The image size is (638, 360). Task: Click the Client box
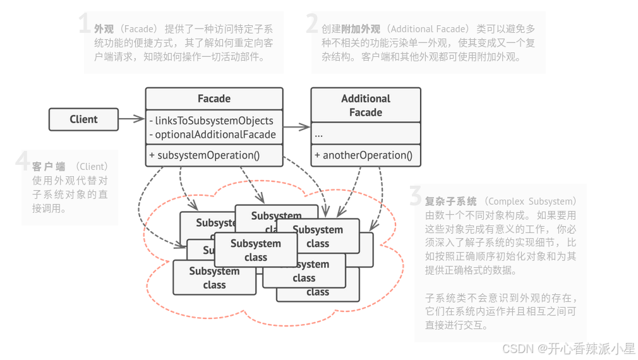click(83, 119)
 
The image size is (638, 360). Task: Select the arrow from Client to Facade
click(131, 119)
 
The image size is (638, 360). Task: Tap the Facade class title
click(214, 99)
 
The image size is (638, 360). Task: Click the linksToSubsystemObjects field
click(214, 121)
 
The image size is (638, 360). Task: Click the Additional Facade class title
click(366, 105)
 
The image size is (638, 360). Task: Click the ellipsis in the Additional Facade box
click(318, 134)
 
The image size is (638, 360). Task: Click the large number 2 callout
click(312, 25)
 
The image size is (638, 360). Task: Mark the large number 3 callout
click(415, 197)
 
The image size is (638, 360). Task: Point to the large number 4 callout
click(23, 162)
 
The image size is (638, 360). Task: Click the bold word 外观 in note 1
click(104, 29)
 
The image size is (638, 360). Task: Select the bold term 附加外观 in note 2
click(361, 29)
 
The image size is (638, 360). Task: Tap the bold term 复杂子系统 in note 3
click(450, 201)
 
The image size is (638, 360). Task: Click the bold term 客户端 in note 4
click(49, 167)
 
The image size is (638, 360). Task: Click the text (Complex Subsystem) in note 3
click(529, 201)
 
